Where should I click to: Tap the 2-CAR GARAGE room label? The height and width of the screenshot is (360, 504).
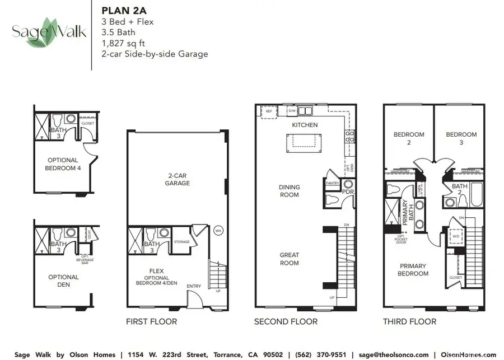tap(177, 179)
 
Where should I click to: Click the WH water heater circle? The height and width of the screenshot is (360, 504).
tap(218, 229)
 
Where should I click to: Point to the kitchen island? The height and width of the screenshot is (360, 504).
tap(305, 143)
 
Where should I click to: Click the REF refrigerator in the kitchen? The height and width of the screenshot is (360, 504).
tap(268, 111)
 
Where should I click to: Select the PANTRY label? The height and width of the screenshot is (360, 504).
tap(333, 183)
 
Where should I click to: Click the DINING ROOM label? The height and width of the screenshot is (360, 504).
tap(289, 191)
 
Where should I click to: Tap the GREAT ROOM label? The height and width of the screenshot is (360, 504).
tap(289, 259)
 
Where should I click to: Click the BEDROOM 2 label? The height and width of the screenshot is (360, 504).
tap(409, 138)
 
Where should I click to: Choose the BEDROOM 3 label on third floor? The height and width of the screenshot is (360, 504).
tap(461, 138)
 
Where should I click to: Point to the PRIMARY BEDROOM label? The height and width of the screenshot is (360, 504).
tap(413, 270)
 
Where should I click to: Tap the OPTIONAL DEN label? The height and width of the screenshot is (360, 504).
tap(63, 280)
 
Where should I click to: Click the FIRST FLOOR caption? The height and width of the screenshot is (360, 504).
tap(152, 321)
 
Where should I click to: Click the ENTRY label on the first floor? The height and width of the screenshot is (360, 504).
tap(194, 286)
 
